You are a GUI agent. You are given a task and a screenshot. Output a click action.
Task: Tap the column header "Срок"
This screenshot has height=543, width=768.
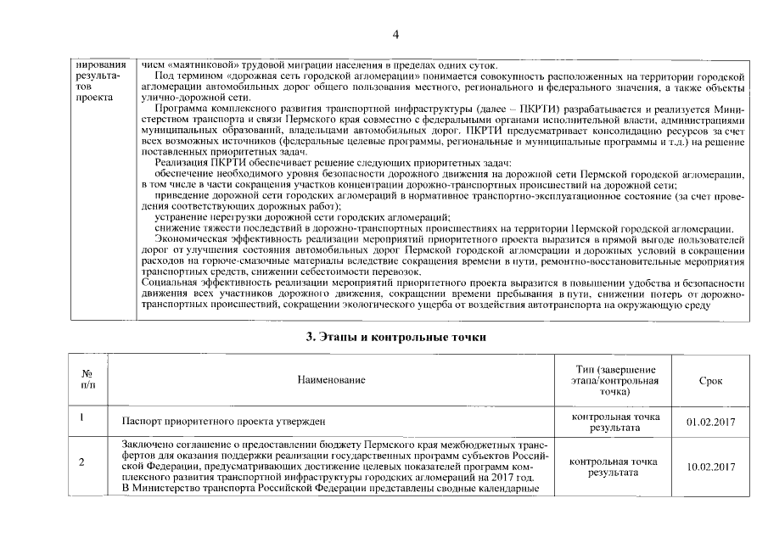click(710, 381)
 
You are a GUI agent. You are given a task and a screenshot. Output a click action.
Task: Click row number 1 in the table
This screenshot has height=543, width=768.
click(81, 417)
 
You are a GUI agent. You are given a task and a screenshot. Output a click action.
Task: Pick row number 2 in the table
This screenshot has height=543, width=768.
click(81, 462)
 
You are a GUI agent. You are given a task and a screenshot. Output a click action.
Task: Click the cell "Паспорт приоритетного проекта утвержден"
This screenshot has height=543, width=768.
click(224, 422)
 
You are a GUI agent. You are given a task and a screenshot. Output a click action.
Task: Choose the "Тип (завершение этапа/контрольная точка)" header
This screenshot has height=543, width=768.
click(616, 381)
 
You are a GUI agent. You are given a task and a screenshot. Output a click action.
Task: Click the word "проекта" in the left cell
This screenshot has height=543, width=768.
click(89, 98)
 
